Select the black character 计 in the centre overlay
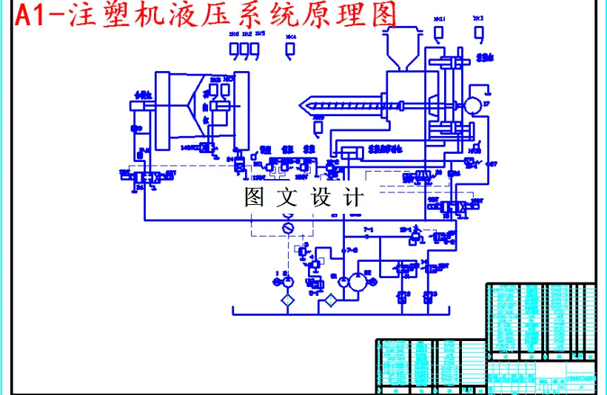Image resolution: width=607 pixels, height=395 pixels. tap(353, 197)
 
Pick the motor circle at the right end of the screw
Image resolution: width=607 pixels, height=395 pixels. tap(471, 106)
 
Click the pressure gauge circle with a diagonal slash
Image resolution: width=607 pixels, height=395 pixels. tap(289, 228)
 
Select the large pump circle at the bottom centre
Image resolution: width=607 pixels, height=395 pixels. tap(357, 281)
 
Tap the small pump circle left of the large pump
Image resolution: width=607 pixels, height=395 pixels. tap(288, 281)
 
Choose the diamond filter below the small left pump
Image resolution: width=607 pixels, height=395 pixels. tap(288, 300)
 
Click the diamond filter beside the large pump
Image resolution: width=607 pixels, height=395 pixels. tap(331, 300)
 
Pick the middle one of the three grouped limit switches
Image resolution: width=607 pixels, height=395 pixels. tap(245, 50)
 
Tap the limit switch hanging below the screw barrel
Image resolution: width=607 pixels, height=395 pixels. tap(318, 127)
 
